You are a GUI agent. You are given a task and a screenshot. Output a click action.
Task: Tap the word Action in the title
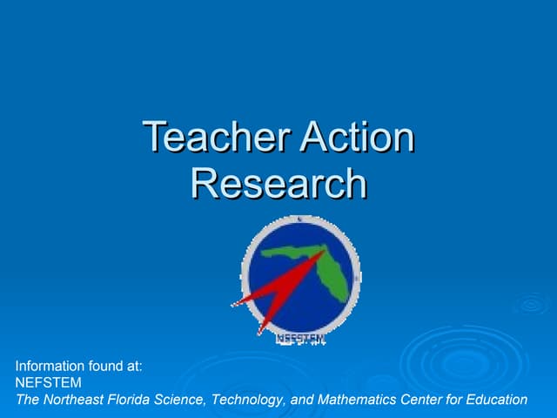click(x=356, y=138)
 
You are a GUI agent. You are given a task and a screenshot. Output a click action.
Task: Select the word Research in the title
click(x=278, y=183)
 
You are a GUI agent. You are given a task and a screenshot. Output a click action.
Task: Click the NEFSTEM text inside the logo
click(x=300, y=337)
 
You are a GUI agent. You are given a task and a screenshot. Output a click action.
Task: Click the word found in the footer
click(x=108, y=367)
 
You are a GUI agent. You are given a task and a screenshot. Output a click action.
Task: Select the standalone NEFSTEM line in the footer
click(x=49, y=383)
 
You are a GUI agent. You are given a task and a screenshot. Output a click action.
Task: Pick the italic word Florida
click(x=131, y=400)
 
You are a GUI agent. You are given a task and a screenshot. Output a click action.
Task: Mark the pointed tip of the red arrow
click(x=232, y=305)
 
